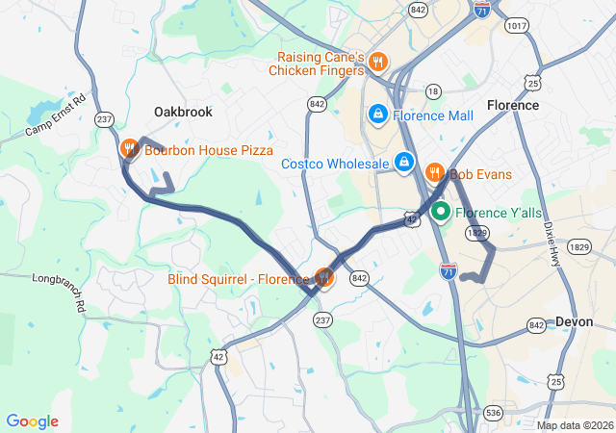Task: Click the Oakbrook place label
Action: [x=183, y=113]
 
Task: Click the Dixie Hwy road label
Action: [x=552, y=242]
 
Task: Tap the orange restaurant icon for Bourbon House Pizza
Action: [x=129, y=149]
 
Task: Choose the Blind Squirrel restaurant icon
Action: [x=324, y=278]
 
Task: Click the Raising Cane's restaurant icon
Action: [x=377, y=64]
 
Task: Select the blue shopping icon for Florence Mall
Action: [x=377, y=115]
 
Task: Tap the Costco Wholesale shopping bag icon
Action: [x=405, y=163]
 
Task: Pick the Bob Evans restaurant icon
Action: [x=434, y=173]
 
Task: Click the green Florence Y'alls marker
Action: [x=441, y=212]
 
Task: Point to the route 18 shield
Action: [x=433, y=91]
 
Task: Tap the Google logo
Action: [x=32, y=421]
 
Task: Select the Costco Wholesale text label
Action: [x=334, y=164]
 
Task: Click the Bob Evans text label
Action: [x=480, y=174]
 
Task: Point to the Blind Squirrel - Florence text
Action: [x=239, y=279]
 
